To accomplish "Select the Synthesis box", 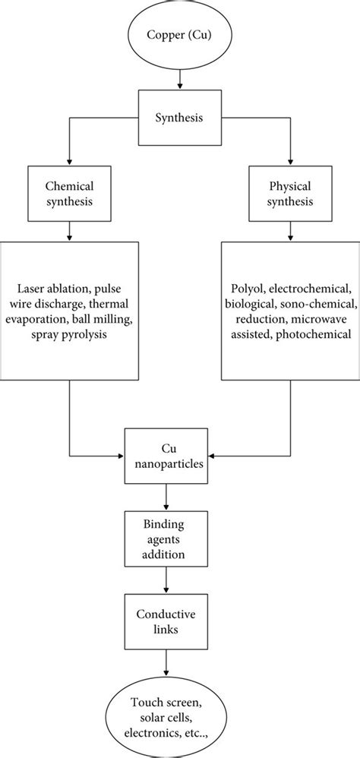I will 181,118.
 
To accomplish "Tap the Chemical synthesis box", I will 70,194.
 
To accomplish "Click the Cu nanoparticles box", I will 167,456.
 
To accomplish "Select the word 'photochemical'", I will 318,333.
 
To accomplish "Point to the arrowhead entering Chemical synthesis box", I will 70,164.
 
